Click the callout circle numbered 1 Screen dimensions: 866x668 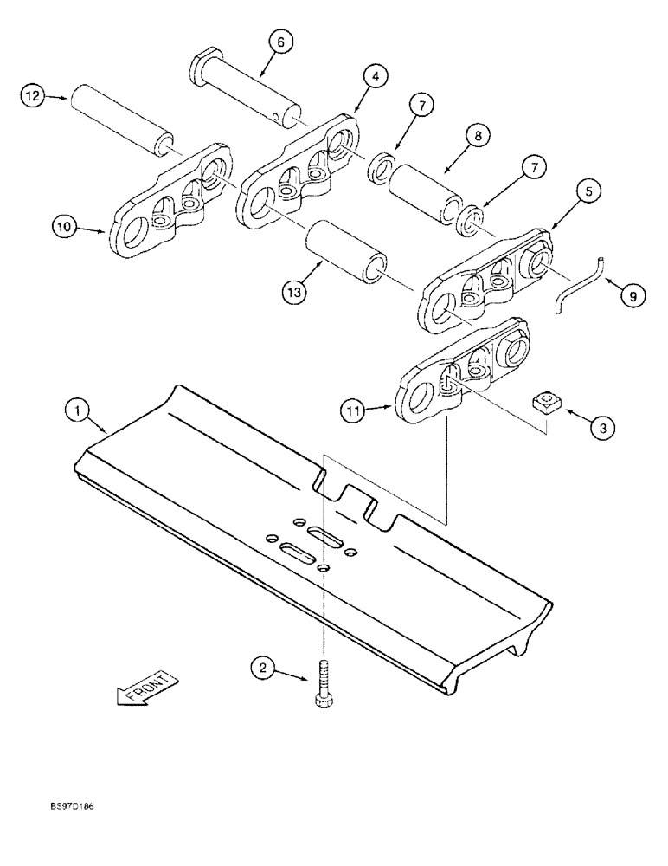tap(77, 410)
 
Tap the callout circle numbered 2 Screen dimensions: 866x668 tap(263, 668)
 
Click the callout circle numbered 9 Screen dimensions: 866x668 tap(632, 296)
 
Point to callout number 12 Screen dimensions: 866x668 tap(33, 98)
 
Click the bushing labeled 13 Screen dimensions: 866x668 tap(345, 251)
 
